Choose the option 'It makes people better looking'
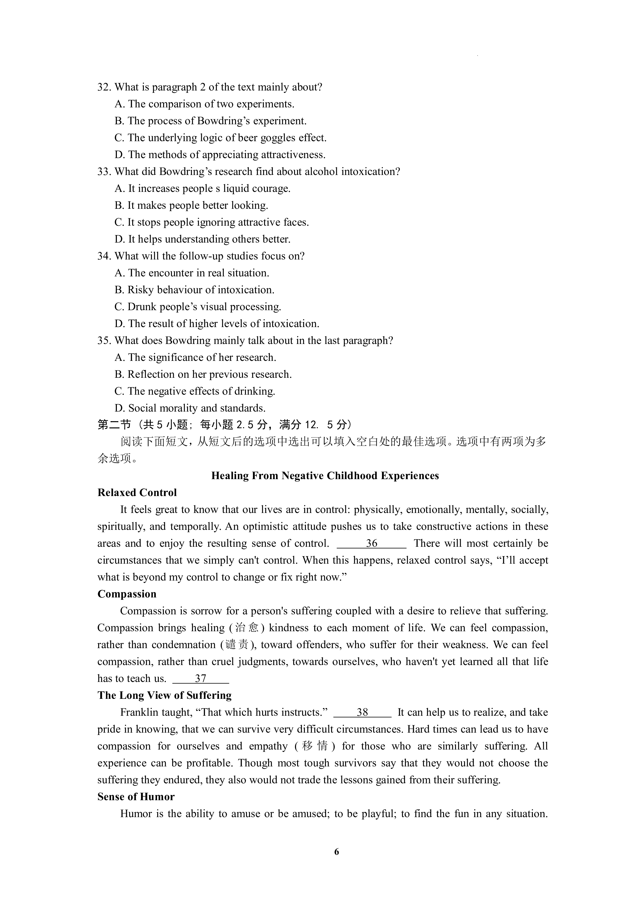pyautogui.click(x=191, y=206)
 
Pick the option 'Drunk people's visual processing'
pyautogui.click(x=198, y=307)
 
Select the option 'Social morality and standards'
pyautogui.click(x=190, y=408)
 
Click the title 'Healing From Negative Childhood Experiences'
pyautogui.click(x=325, y=476)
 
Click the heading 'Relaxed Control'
pyautogui.click(x=137, y=493)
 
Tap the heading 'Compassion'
pyautogui.click(x=127, y=594)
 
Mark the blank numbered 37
pyautogui.click(x=201, y=679)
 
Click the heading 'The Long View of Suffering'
pyautogui.click(x=165, y=695)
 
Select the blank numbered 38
pyautogui.click(x=362, y=713)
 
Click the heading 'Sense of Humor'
pyautogui.click(x=136, y=797)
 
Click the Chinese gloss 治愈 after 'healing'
pyautogui.click(x=247, y=628)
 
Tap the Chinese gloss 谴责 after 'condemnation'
pyautogui.click(x=238, y=645)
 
